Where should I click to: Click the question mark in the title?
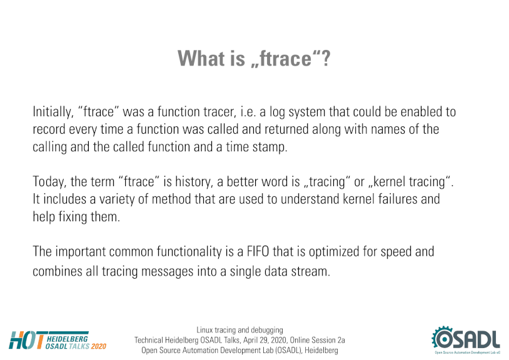(x=325, y=58)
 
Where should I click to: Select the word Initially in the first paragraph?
(x=52, y=112)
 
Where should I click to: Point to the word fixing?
(x=73, y=217)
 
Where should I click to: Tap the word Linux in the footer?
(x=204, y=330)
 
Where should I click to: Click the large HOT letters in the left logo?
(x=27, y=341)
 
